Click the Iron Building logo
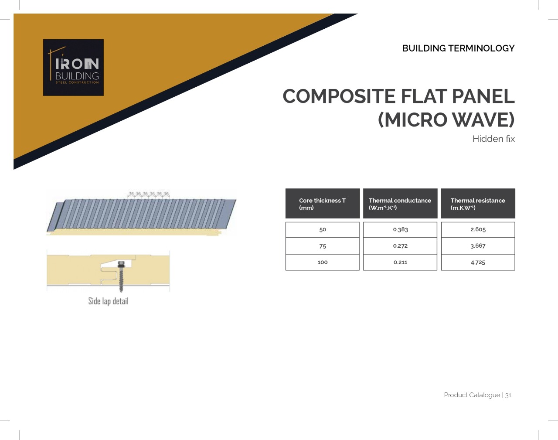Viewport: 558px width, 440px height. click(73, 68)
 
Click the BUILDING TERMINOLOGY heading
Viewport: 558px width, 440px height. click(458, 48)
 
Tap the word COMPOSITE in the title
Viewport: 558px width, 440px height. click(339, 96)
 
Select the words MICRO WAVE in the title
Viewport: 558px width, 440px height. click(446, 120)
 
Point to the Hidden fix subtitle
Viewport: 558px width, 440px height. click(493, 139)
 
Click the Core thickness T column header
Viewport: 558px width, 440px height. click(323, 204)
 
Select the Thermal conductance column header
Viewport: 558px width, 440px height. click(400, 204)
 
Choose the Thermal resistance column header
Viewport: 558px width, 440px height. click(478, 204)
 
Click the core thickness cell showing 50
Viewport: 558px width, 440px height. click(323, 230)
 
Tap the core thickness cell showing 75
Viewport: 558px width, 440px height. click(323, 246)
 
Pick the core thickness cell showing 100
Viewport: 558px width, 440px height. click(323, 262)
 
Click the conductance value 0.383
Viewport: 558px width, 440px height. click(400, 230)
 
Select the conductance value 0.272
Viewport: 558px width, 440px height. click(400, 246)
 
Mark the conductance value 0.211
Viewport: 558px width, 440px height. click(400, 262)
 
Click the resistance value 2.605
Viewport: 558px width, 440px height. click(478, 230)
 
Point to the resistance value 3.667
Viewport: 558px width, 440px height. click(478, 246)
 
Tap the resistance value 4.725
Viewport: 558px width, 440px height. click(478, 262)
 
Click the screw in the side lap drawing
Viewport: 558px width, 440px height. click(121, 276)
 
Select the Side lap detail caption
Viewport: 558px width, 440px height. click(109, 301)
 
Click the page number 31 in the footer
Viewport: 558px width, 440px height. click(508, 395)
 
